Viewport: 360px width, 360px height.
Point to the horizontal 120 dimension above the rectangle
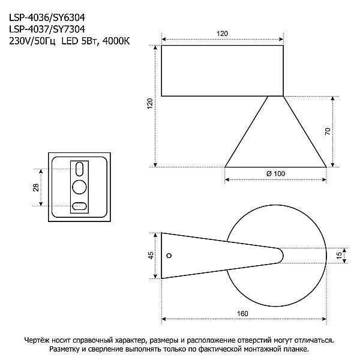click(223, 35)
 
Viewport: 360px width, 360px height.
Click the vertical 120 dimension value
click(150, 103)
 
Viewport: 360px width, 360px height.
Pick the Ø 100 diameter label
click(275, 173)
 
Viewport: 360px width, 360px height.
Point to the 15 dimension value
click(339, 256)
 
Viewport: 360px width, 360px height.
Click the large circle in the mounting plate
click(79, 187)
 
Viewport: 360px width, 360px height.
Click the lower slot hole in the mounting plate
click(79, 206)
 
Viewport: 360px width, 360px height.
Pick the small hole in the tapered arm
click(169, 256)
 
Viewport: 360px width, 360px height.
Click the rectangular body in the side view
click(223, 70)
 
